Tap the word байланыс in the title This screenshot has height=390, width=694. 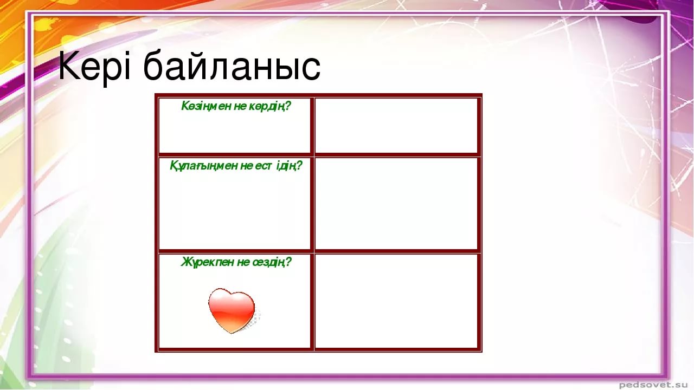(232, 65)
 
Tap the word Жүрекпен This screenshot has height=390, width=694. (208, 262)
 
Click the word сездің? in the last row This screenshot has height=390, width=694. (272, 262)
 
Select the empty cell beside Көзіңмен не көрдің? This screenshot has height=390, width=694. (396, 125)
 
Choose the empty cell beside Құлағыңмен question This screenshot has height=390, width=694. (396, 203)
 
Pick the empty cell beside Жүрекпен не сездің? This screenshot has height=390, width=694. (396, 301)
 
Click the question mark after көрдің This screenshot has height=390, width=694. (288, 106)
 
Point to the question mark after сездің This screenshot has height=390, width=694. (288, 262)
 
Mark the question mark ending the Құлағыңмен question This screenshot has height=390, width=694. (299, 166)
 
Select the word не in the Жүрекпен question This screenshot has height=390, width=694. (243, 263)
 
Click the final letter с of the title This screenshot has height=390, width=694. (311, 70)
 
